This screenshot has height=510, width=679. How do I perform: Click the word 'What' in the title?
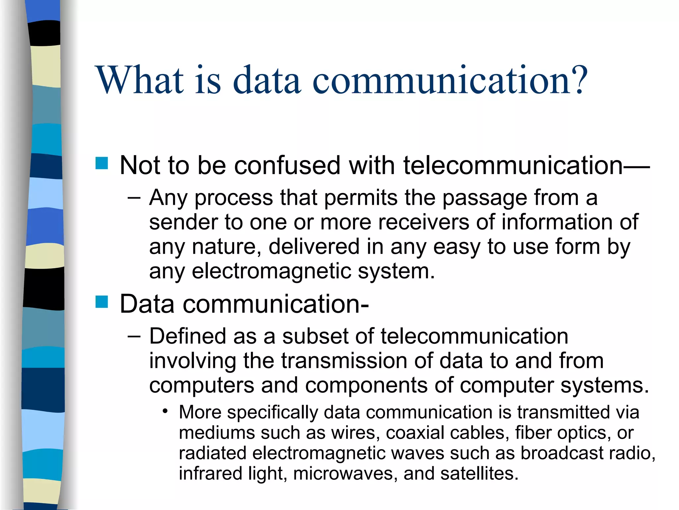click(140, 80)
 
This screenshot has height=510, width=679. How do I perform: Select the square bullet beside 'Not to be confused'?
click(101, 163)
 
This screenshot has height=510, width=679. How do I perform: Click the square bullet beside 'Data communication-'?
click(101, 302)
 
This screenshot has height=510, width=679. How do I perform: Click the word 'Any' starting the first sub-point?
click(168, 198)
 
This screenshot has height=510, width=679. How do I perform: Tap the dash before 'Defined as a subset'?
click(134, 336)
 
